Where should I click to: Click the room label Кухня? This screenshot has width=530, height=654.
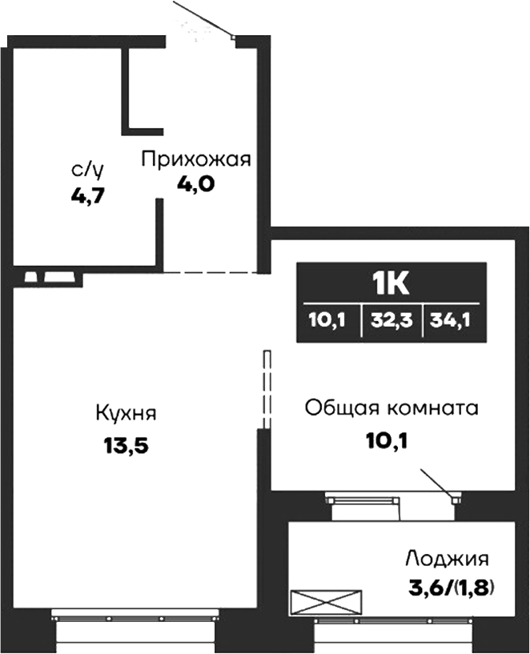(x=126, y=415)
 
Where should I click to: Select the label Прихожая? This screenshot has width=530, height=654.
(x=196, y=158)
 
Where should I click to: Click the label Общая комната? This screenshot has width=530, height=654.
(x=391, y=408)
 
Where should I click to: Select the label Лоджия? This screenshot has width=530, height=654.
(x=447, y=559)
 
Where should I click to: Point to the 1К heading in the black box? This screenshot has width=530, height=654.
(x=391, y=283)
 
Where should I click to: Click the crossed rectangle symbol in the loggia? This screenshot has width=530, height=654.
(x=326, y=601)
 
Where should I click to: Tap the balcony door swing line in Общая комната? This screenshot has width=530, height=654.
(x=437, y=483)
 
